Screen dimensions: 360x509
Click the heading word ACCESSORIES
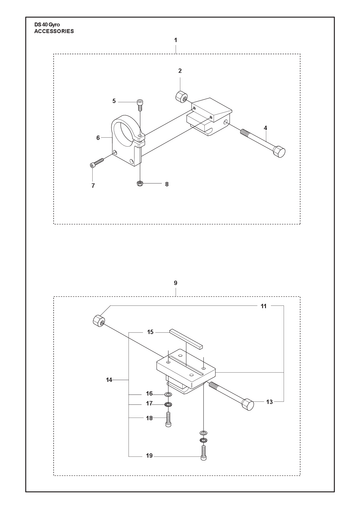tap(54, 31)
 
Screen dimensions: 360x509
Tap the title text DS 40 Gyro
tap(47, 25)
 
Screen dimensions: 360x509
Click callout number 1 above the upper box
tap(176, 40)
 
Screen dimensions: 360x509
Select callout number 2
tap(180, 71)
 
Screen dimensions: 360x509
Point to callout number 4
tap(265, 128)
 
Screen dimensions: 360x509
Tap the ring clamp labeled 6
tap(127, 140)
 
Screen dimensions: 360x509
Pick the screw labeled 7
tap(97, 162)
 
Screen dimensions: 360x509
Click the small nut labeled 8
tap(140, 183)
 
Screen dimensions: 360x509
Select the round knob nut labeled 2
tap(181, 96)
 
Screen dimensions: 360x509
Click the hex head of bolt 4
tap(279, 152)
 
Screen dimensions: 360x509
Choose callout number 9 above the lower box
tap(176, 283)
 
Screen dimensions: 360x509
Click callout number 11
tap(264, 306)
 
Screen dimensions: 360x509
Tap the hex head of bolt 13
tap(248, 404)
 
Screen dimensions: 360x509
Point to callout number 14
tap(109, 380)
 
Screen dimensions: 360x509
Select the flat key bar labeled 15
tap(185, 338)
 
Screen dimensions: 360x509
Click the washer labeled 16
tap(168, 395)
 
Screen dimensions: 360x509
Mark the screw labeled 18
tap(168, 419)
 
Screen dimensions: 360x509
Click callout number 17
tap(149, 404)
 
